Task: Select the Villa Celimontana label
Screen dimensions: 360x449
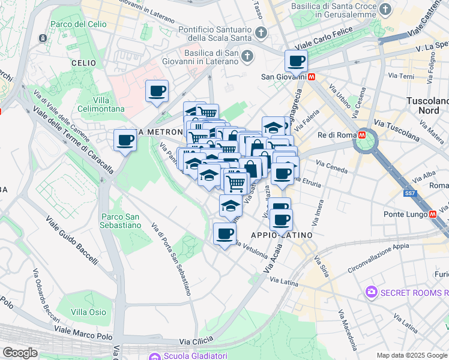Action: [109, 104]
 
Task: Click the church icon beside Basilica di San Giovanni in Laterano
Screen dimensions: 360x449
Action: [247, 56]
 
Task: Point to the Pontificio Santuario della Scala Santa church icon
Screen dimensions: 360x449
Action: [260, 32]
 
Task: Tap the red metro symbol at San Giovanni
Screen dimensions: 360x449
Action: [312, 77]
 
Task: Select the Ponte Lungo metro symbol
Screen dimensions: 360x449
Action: [433, 215]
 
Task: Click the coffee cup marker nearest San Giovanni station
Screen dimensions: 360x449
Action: [296, 61]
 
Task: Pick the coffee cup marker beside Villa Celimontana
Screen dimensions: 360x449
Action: [157, 92]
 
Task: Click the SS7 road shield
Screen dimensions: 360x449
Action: [410, 193]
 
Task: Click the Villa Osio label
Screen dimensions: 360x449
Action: [88, 312]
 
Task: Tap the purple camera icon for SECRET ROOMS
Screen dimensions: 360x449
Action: [371, 292]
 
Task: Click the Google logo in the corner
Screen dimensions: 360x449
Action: [20, 353]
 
